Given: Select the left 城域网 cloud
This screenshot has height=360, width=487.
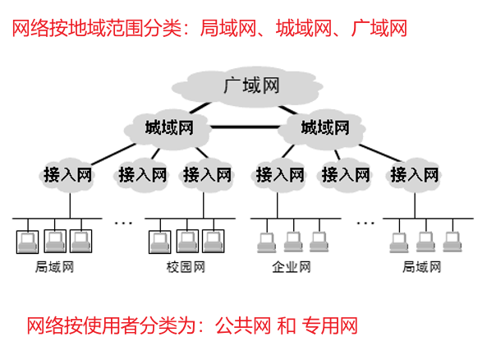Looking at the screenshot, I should click(168, 127).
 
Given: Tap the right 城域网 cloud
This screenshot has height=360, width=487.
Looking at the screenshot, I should click(324, 127).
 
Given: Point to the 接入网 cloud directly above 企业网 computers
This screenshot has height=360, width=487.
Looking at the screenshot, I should click(279, 174).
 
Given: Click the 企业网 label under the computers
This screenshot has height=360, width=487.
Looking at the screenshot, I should click(292, 267).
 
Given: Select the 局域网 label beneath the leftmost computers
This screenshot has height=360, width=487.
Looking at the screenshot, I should click(54, 267).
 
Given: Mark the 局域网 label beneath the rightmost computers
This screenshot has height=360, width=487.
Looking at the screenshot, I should click(422, 267).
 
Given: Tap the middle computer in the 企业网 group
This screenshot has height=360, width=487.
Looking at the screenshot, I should click(292, 240).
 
